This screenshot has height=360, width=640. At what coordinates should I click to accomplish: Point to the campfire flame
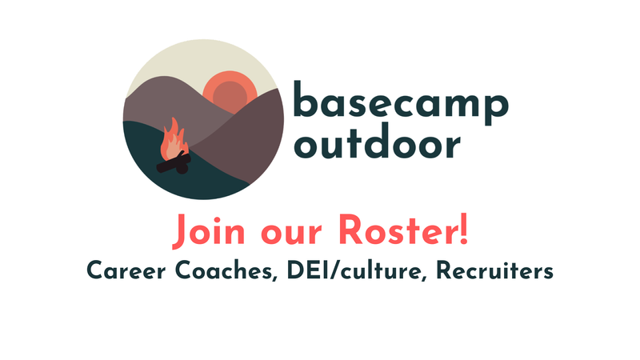point(170,142)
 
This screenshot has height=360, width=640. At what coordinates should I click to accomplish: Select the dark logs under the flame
point(174,163)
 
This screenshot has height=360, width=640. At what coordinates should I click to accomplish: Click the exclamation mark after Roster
point(463,230)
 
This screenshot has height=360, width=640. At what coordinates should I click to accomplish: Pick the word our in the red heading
point(285,234)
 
